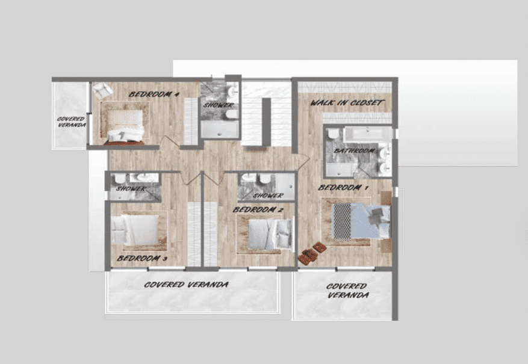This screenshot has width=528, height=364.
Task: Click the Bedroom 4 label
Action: pyautogui.click(x=154, y=94)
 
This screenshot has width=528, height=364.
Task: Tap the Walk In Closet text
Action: pyautogui.click(x=347, y=102)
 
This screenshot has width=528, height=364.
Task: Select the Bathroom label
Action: pyautogui.click(x=354, y=150)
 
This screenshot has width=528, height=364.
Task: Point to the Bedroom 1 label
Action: pyautogui.click(x=343, y=187)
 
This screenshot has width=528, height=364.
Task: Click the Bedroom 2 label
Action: pyautogui.click(x=258, y=209)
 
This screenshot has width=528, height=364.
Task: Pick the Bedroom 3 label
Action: pyautogui.click(x=142, y=258)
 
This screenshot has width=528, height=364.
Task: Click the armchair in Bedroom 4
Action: pyautogui.click(x=102, y=90)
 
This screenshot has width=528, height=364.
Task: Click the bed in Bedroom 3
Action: pyautogui.click(x=135, y=230)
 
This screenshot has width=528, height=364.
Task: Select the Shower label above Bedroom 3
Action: pyautogui.click(x=131, y=188)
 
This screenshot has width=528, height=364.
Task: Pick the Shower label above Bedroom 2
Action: pyautogui.click(x=268, y=195)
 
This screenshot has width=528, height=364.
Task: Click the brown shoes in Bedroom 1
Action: pyautogui.click(x=311, y=253)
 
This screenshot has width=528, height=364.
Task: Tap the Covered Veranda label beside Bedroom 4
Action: pyautogui.click(x=72, y=122)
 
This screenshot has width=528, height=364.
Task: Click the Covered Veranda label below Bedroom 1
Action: pyautogui.click(x=347, y=291)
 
